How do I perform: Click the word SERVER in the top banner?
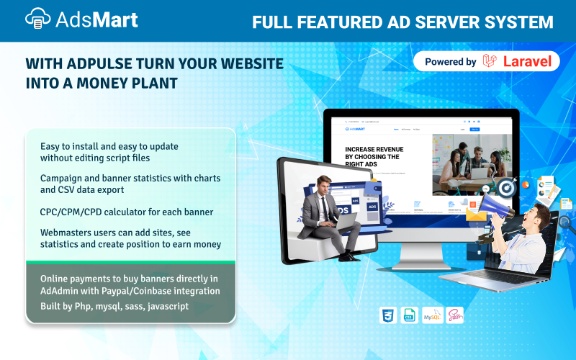click(442, 22)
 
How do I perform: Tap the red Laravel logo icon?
click(491, 61)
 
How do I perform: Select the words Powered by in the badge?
click(450, 62)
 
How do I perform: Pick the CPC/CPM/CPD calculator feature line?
click(127, 212)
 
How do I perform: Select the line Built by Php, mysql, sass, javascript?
click(114, 306)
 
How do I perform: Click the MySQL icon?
click(432, 315)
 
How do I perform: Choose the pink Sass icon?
click(454, 315)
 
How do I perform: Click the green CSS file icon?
click(409, 315)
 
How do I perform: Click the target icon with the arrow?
click(506, 188)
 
